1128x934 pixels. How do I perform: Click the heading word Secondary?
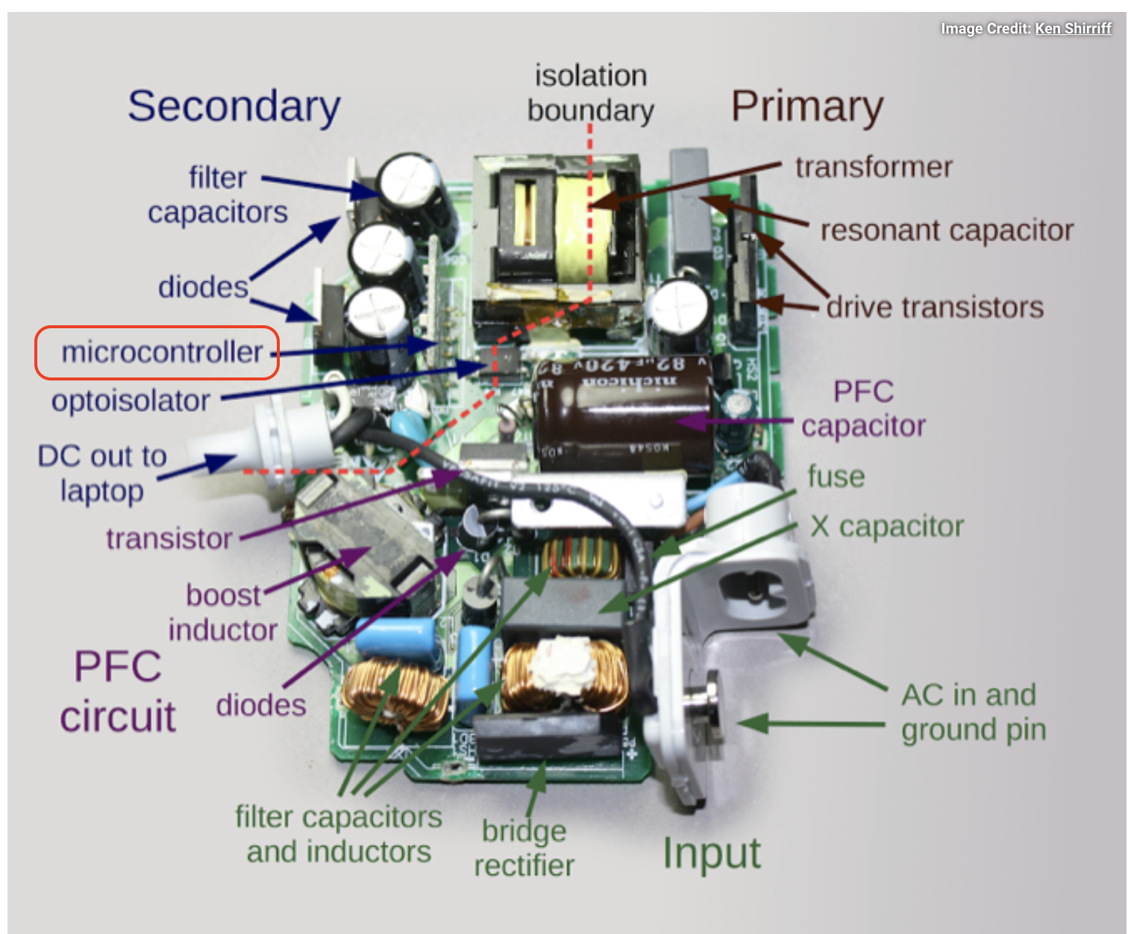[x=234, y=107]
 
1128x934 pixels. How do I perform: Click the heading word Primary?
[x=806, y=107]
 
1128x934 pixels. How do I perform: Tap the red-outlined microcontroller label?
[x=158, y=352]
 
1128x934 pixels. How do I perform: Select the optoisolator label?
[x=131, y=401]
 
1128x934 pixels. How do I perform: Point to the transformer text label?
[x=874, y=167]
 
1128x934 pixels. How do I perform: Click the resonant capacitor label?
[x=947, y=231]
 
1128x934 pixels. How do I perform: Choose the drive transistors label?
[x=935, y=307]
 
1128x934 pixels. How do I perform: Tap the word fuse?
[x=836, y=477]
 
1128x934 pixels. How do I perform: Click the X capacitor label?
[x=887, y=527]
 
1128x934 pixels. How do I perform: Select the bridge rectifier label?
[x=524, y=848]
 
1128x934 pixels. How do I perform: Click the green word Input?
[x=712, y=853]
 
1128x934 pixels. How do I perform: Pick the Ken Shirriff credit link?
[x=1073, y=28]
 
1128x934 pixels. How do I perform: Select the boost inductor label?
[x=222, y=612]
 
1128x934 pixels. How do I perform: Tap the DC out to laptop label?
[x=102, y=473]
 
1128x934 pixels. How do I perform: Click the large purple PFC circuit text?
[x=118, y=691]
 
